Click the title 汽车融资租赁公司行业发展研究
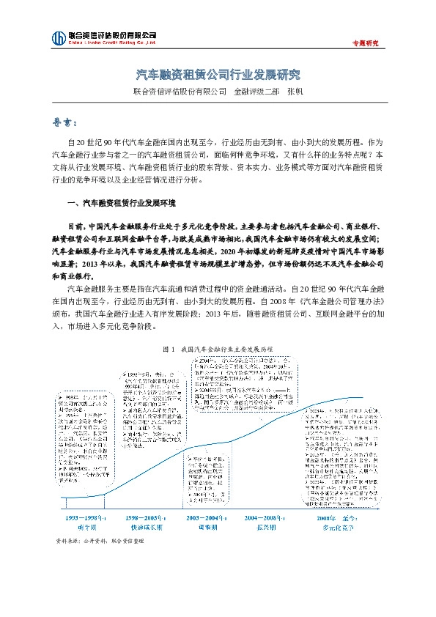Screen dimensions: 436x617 (x=218, y=75)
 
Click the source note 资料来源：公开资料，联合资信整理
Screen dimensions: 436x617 (x=100, y=541)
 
